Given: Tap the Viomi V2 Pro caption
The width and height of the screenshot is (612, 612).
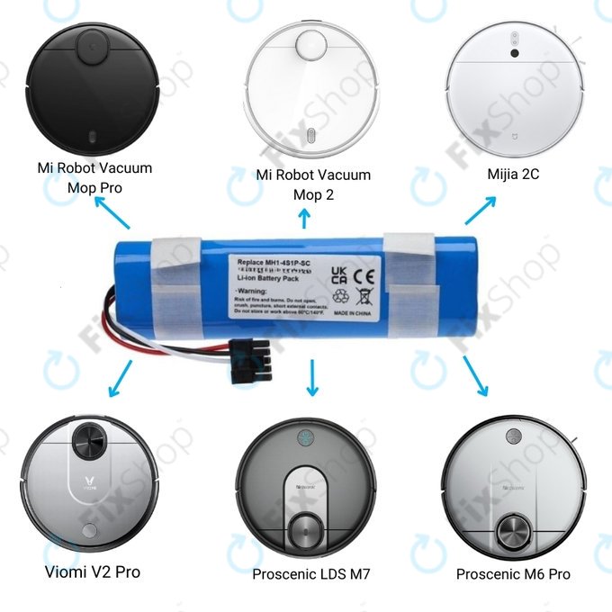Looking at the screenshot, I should (x=93, y=571).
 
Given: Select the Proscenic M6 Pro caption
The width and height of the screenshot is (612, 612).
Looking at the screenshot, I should (x=513, y=574).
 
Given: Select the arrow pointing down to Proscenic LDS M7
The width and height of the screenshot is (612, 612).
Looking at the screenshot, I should (x=312, y=377).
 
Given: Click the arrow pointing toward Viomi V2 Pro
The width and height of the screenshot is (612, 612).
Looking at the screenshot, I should (x=118, y=378).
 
